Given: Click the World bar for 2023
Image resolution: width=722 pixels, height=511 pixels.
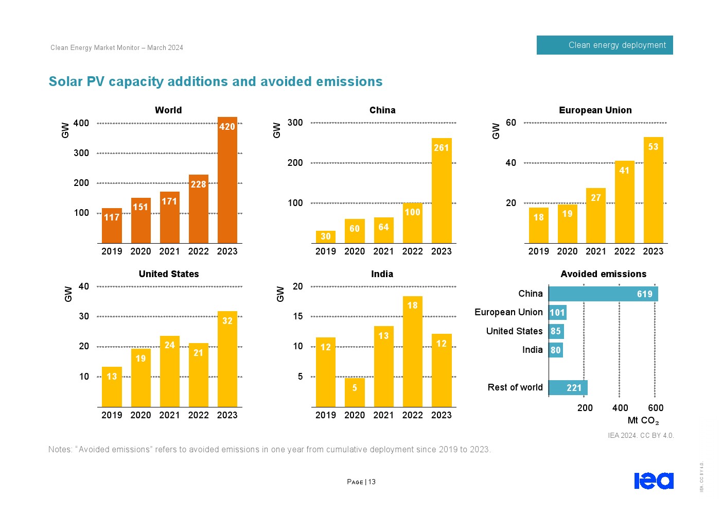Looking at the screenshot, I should coord(227,180).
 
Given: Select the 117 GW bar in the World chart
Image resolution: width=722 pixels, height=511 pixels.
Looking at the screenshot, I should coord(112,226).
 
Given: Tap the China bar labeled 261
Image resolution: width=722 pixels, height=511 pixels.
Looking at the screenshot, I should coord(442,191).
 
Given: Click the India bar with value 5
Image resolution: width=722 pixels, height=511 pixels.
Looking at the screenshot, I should coord(355,392).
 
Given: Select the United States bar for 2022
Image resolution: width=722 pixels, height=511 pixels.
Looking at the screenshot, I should coord(198,374).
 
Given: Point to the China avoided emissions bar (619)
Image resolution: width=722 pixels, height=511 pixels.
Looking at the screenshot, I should coord(603,294).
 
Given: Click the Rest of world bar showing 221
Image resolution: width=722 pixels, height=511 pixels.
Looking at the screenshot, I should coord(568,388).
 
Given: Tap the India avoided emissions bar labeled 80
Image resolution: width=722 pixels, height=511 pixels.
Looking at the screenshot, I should coord(556,350).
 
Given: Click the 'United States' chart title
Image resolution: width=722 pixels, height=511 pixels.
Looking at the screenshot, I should coord(169,274).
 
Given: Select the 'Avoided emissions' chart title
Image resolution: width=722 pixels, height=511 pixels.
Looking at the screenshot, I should coord(603,274).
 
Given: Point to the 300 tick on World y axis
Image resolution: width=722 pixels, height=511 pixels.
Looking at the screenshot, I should coord(81,153).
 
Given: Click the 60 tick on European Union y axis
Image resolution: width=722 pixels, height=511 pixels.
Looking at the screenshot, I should coord(511,123).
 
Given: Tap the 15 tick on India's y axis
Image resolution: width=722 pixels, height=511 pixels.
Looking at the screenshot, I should coord(298,316).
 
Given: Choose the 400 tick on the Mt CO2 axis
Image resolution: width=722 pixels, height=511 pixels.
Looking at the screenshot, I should coord(620,408).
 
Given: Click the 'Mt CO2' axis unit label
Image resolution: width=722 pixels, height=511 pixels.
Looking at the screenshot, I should coord(643,421).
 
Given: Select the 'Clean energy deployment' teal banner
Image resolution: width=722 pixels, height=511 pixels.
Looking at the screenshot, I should coord(605,45).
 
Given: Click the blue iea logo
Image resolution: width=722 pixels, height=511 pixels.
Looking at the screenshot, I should coord(654,481).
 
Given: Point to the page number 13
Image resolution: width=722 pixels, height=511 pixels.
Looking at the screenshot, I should coord(372,482).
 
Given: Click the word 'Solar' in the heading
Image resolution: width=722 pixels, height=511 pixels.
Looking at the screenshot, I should coord(65,82).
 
